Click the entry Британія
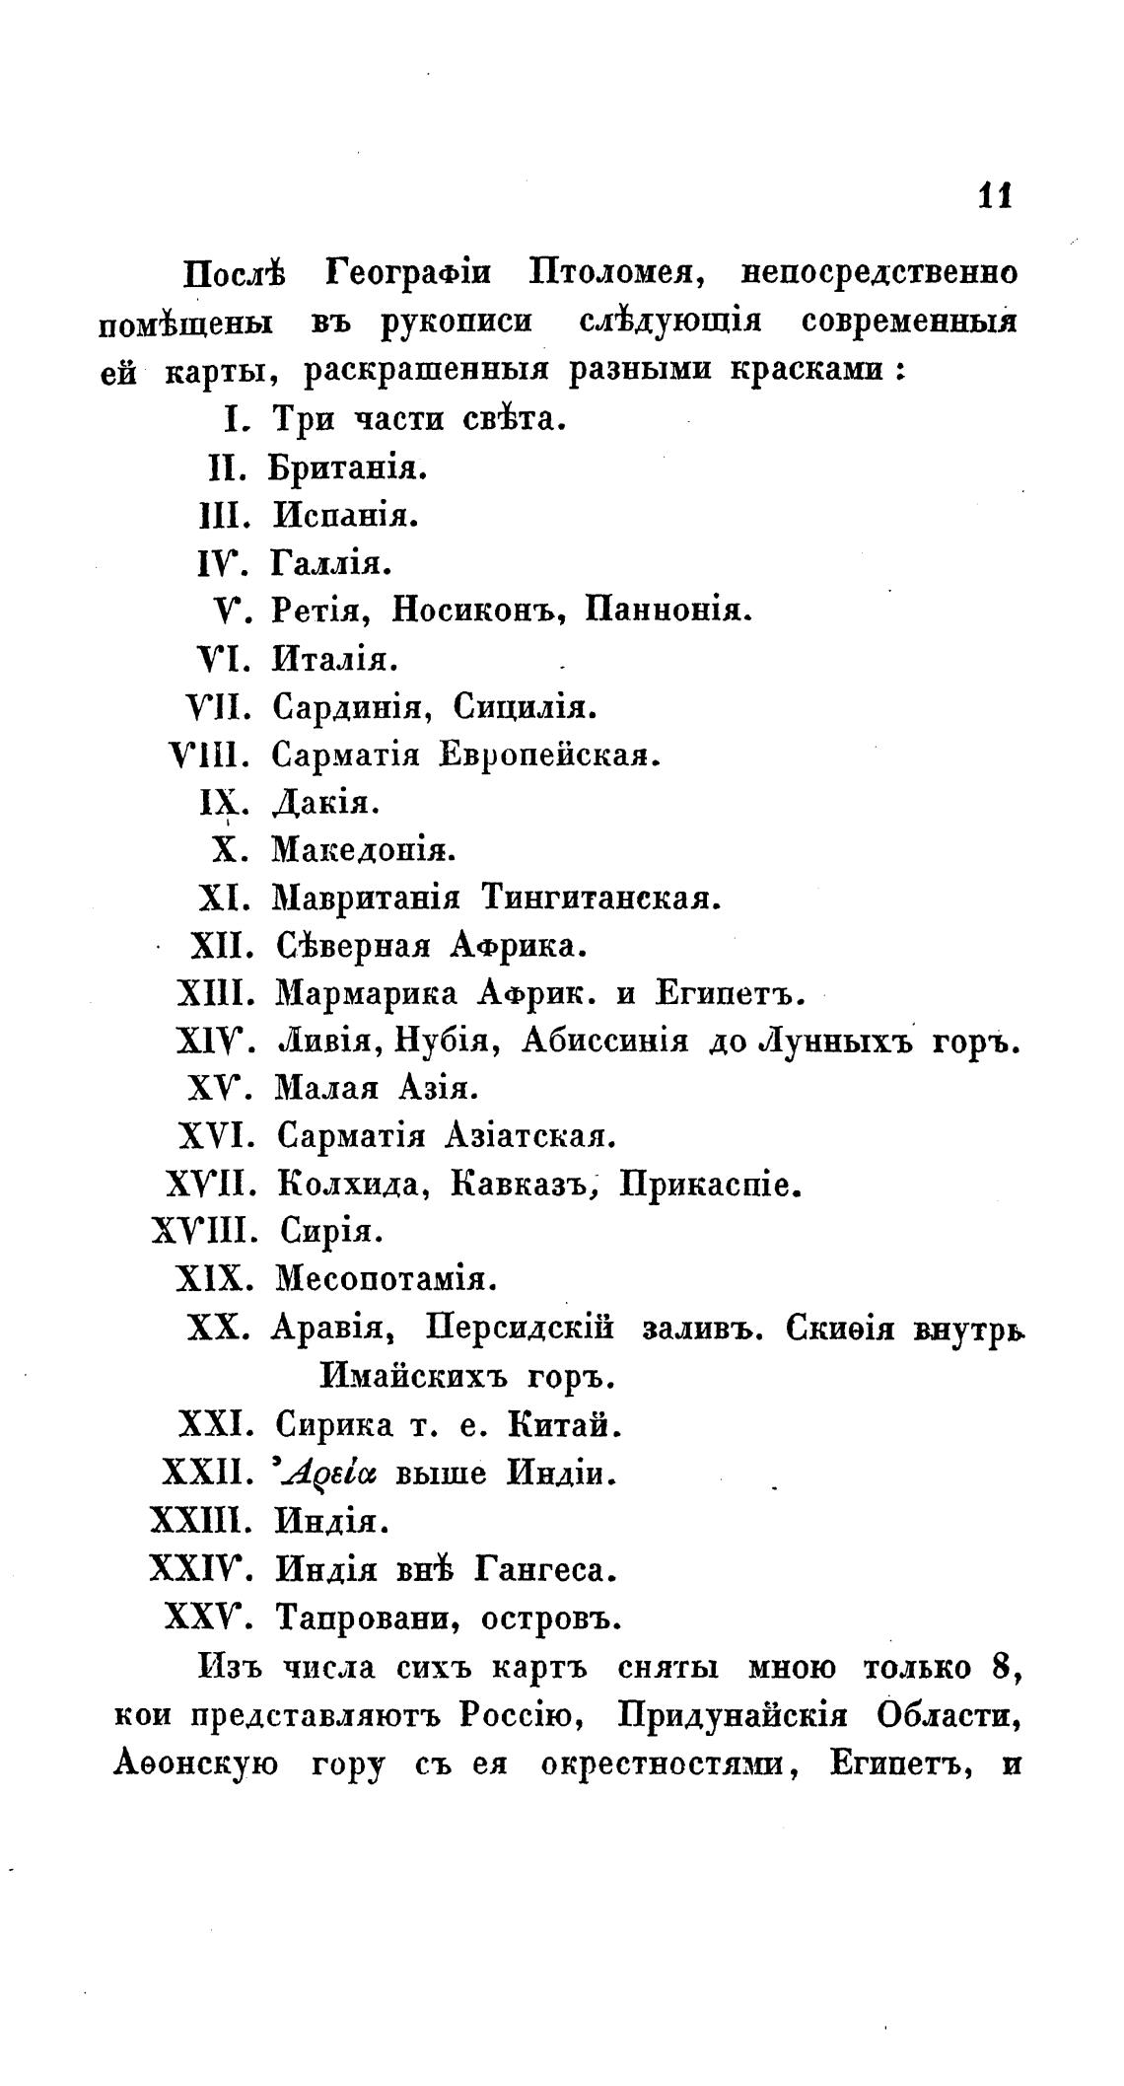coord(348,467)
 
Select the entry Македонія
coord(363,848)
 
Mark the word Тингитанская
coord(601,898)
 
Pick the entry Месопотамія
coord(386,1280)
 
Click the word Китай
coord(565,1425)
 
